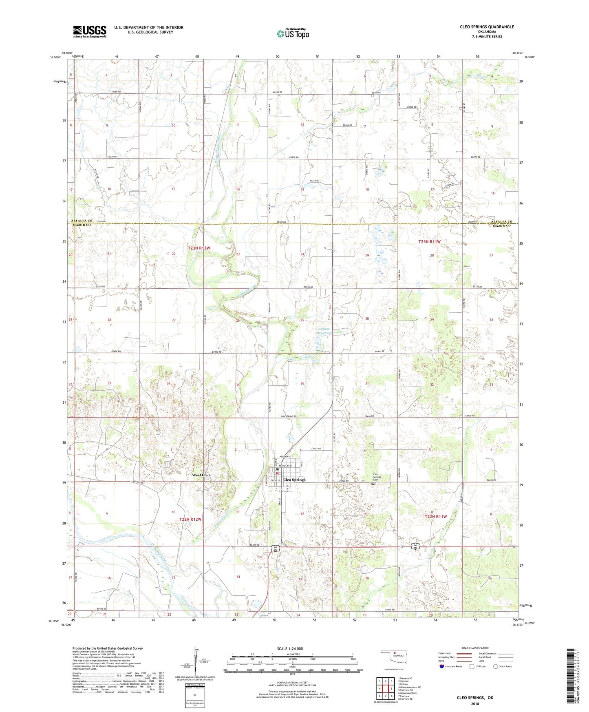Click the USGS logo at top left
tap(90, 31)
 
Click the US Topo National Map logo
tap(292, 33)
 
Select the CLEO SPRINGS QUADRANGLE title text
tap(487, 27)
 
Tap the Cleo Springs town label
tap(294, 480)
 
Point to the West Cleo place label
tap(201, 475)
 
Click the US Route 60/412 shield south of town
tap(276, 549)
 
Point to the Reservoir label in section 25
tap(325, 333)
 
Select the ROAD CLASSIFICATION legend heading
tap(475, 648)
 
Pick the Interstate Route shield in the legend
tap(442, 666)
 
